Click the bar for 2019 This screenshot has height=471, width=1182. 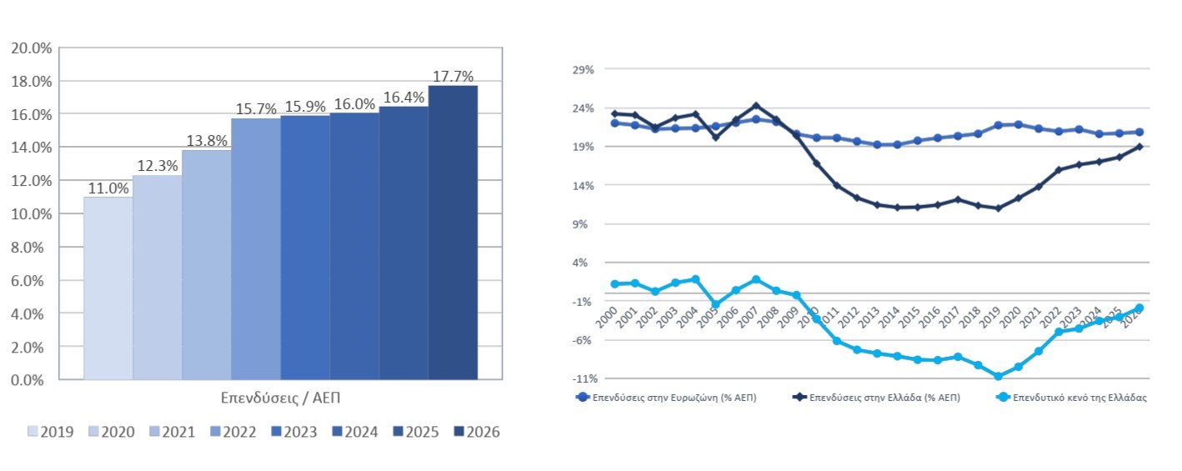coord(108,288)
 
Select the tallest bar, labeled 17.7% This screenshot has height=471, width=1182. coord(453,233)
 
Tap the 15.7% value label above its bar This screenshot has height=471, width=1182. coord(256,110)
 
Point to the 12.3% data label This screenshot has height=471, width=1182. coord(158,167)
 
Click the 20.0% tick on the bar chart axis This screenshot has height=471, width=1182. coord(32,48)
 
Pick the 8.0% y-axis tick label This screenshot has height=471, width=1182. coord(32,247)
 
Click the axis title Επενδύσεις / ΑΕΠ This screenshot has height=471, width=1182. coord(281,398)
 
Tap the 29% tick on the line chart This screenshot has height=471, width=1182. coord(583,70)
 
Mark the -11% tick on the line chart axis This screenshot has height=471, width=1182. coord(582,378)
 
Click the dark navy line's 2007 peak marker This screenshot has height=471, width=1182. coord(755,106)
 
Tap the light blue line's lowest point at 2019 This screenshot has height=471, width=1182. coord(997,377)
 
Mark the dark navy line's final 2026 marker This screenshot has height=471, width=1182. coord(1139,147)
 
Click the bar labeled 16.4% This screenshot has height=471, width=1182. coord(403,243)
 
